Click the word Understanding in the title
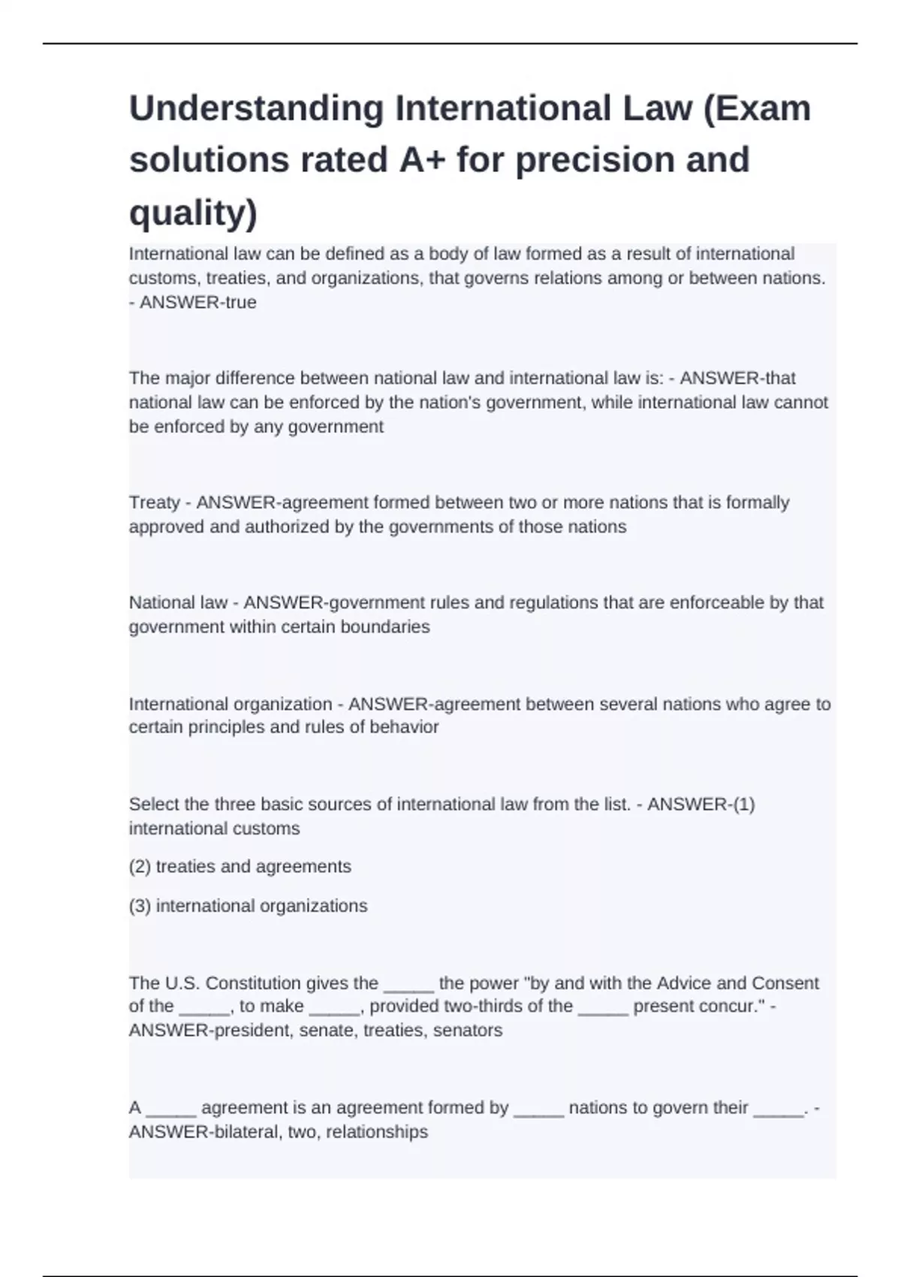(256, 109)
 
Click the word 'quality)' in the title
(193, 213)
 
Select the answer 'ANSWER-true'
(198, 303)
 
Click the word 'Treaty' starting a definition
(154, 503)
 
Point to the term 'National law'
(178, 602)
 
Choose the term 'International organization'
(230, 704)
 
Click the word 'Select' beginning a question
(153, 805)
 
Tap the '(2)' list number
(140, 867)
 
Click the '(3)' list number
(140, 906)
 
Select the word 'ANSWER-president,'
(211, 1031)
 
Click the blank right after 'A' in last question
(171, 1109)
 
